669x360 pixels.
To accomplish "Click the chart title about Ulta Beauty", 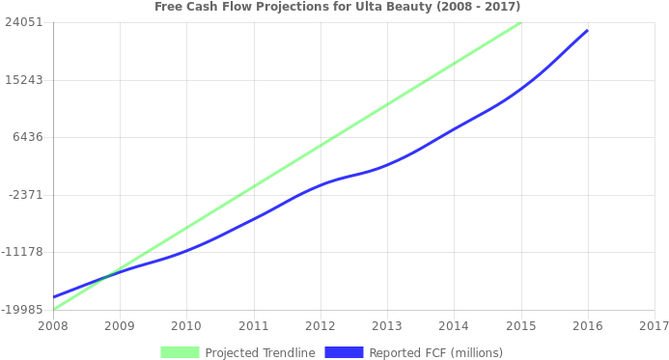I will coord(337,7).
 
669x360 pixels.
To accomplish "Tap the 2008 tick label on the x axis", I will coord(53,326).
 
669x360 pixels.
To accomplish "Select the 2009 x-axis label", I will coord(120,326).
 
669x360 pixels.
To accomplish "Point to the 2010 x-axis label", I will coord(186,326).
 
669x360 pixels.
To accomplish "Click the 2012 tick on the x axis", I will coord(320,326).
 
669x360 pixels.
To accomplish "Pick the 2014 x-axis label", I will coord(454,326).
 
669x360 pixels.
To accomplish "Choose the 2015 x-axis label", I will coord(520,326).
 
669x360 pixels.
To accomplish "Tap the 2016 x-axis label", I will coord(587,326).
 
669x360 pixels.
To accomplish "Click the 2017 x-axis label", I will coord(654,326).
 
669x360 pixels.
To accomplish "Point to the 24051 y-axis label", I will coord(22,22).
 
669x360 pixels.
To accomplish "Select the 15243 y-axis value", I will coord(22,79).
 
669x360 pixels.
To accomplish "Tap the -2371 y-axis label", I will coord(25,194).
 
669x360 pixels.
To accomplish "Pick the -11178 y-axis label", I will coord(22,252).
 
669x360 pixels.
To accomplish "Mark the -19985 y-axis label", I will coord(22,309).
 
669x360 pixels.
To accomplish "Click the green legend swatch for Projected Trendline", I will coord(181,352).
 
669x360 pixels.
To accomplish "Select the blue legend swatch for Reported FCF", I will coord(345,352).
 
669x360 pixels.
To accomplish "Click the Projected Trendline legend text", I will coord(260,352).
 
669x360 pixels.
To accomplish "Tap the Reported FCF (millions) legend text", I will coord(435,352).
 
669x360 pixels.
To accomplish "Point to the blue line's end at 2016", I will coord(586,31).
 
